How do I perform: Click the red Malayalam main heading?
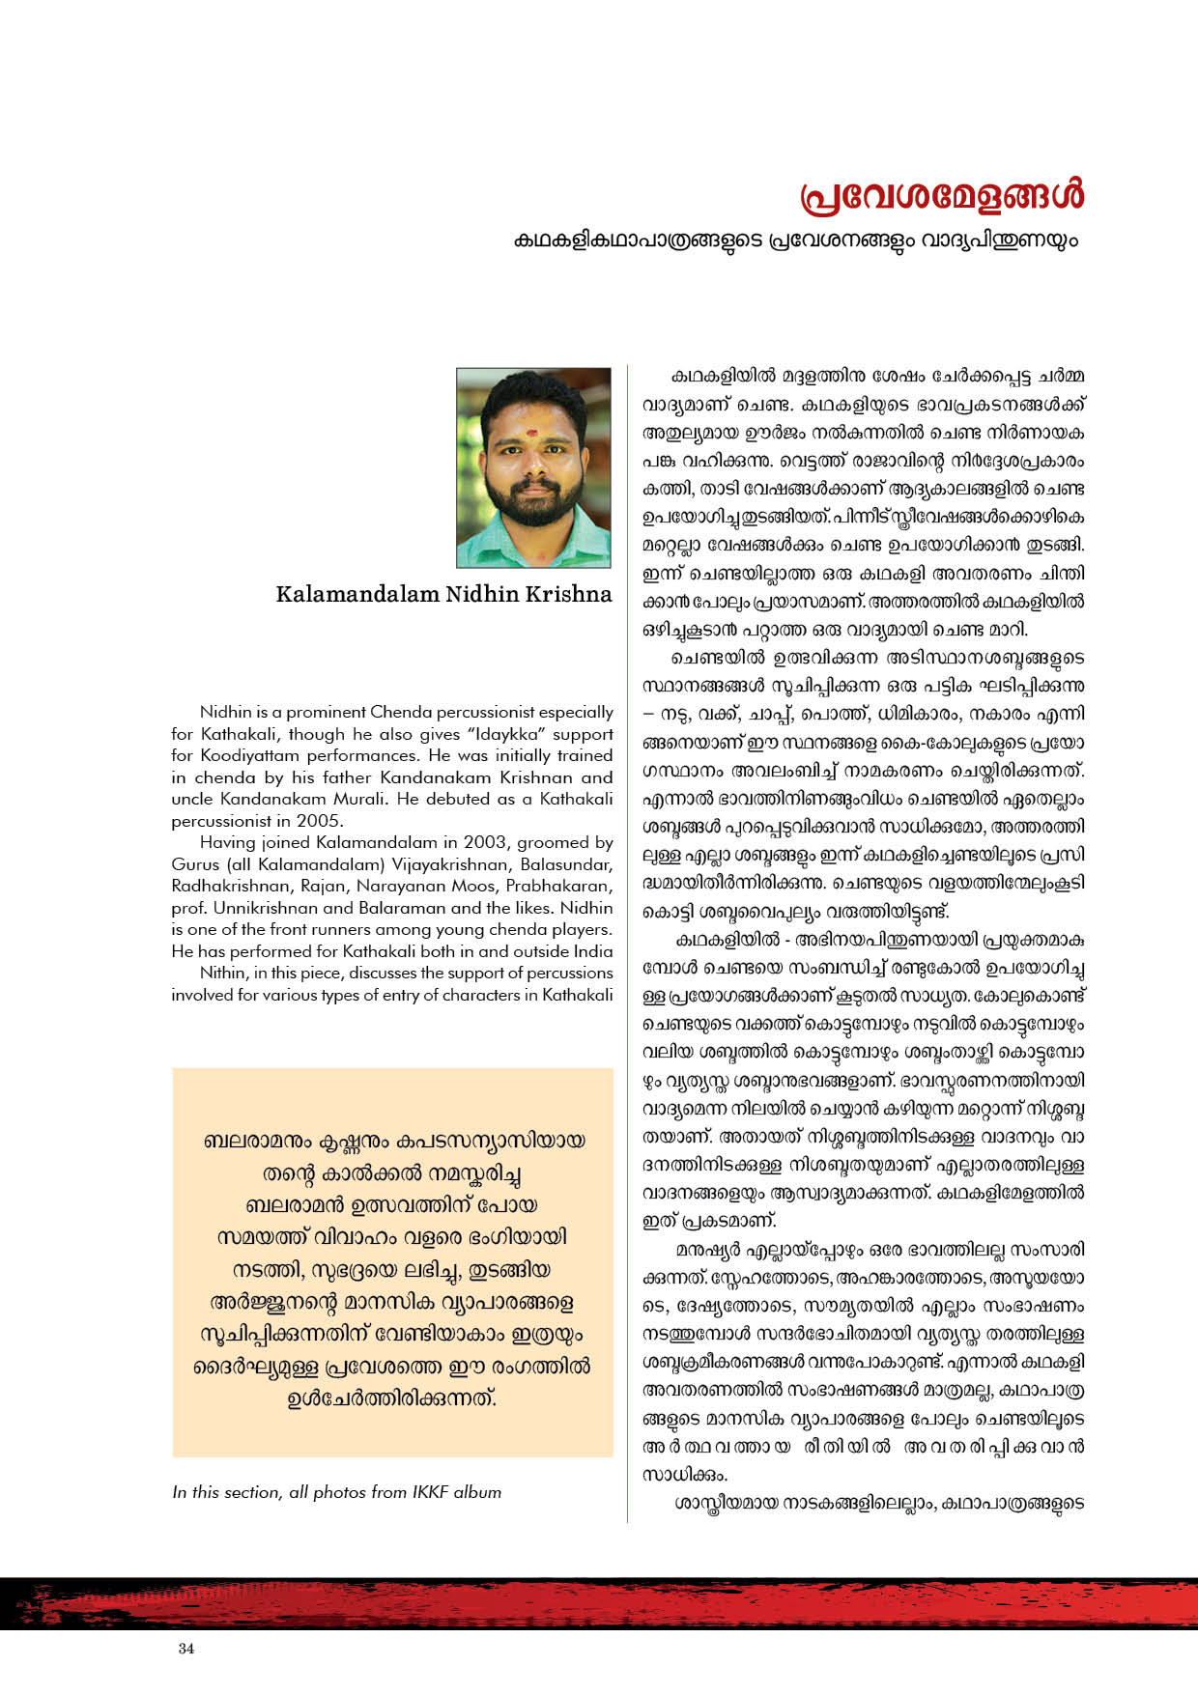[942, 195]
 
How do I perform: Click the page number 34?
[186, 1649]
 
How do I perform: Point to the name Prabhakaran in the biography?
[561, 886]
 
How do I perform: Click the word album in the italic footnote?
[477, 1492]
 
